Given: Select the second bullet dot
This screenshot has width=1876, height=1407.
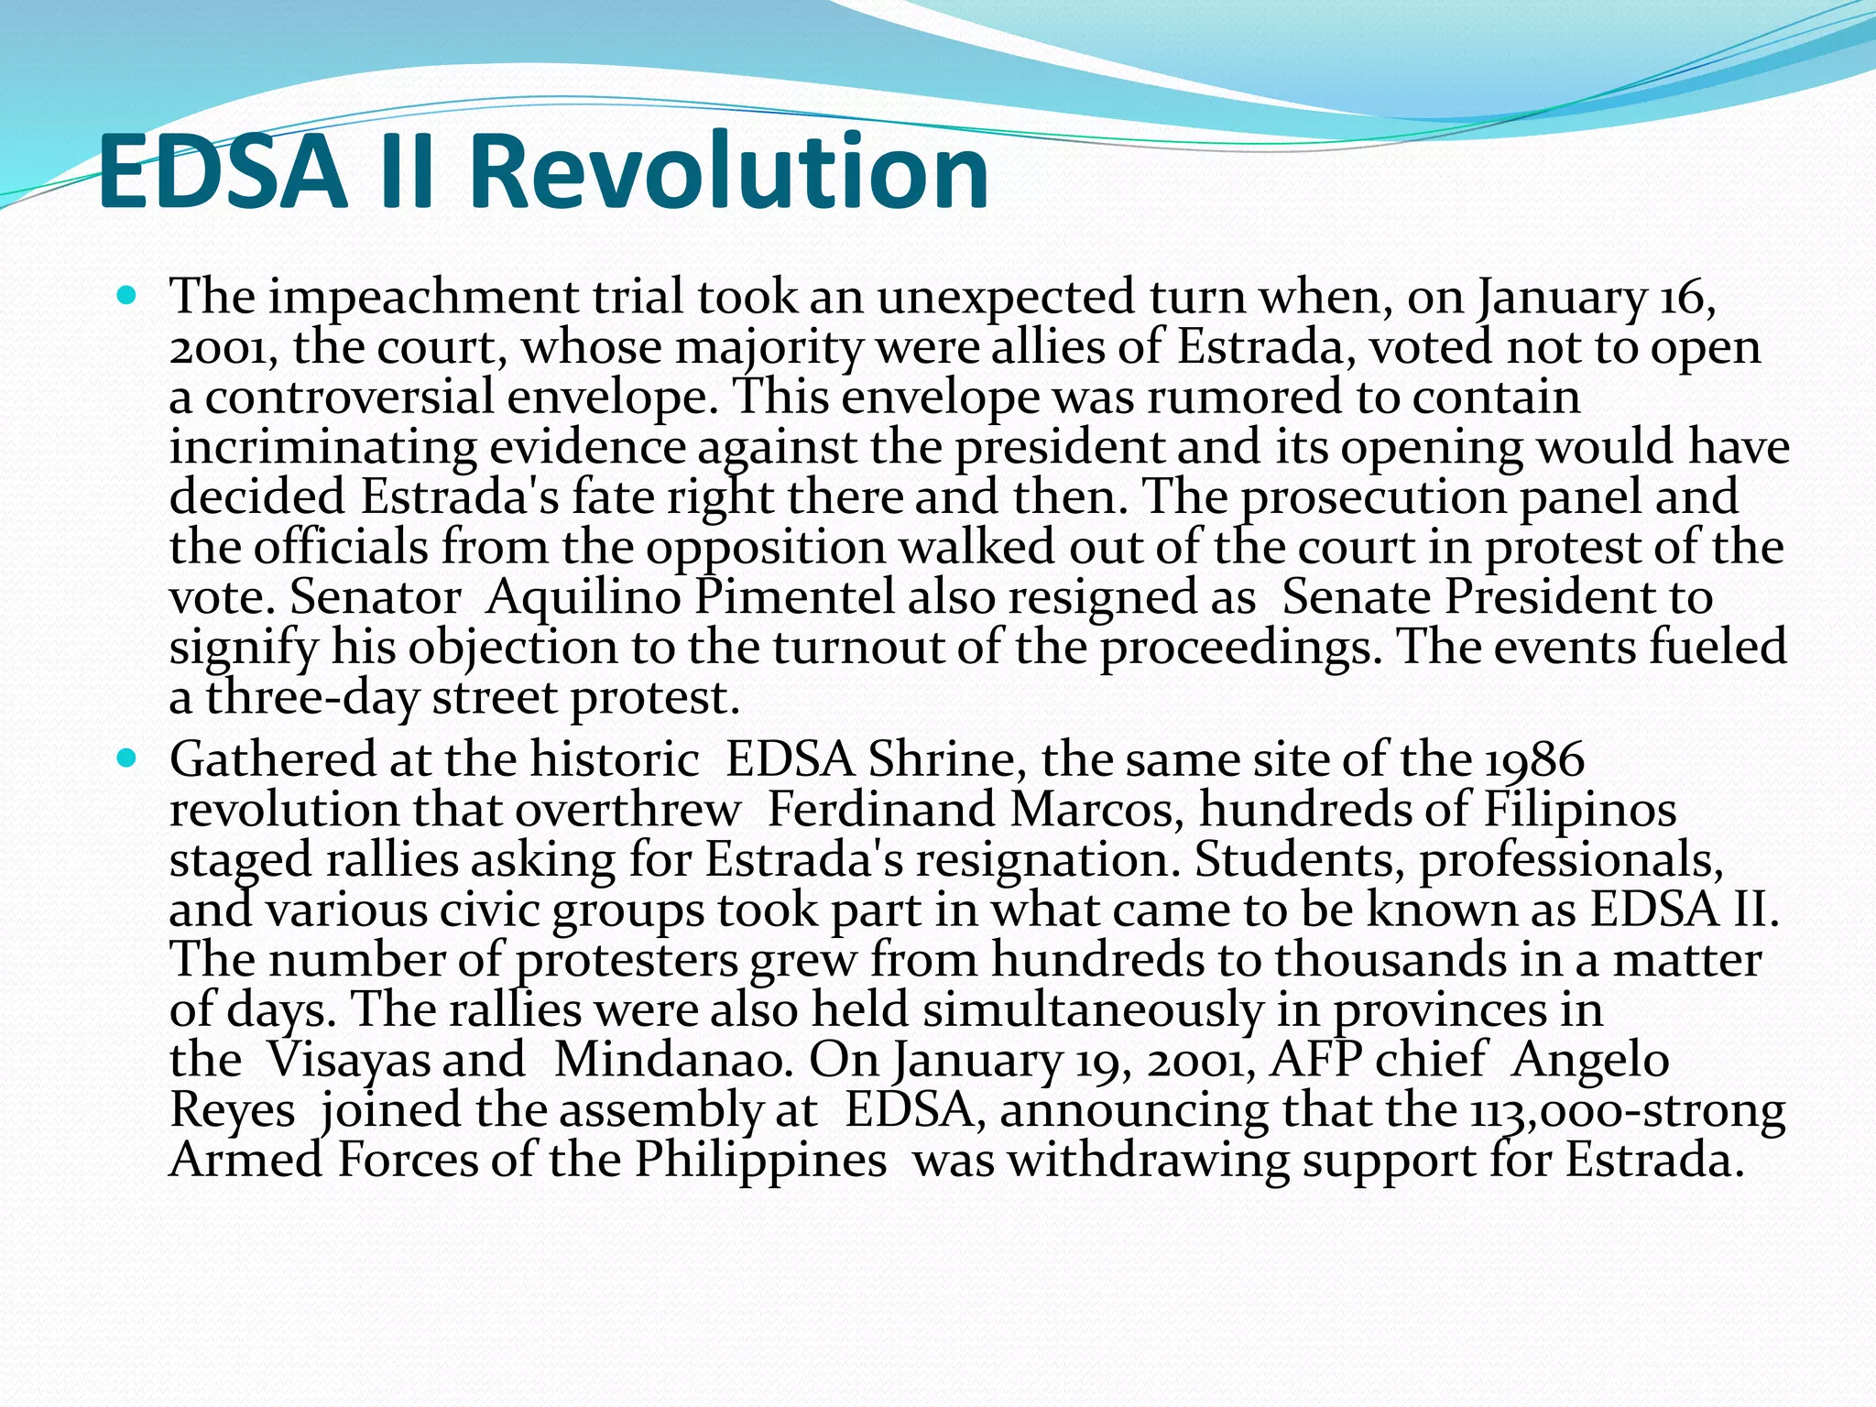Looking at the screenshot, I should tap(127, 759).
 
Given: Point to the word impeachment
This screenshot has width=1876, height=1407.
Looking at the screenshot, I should tap(424, 297).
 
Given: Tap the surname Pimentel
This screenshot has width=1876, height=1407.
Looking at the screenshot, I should tap(793, 597).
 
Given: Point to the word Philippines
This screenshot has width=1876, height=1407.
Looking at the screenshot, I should tap(760, 1160).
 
